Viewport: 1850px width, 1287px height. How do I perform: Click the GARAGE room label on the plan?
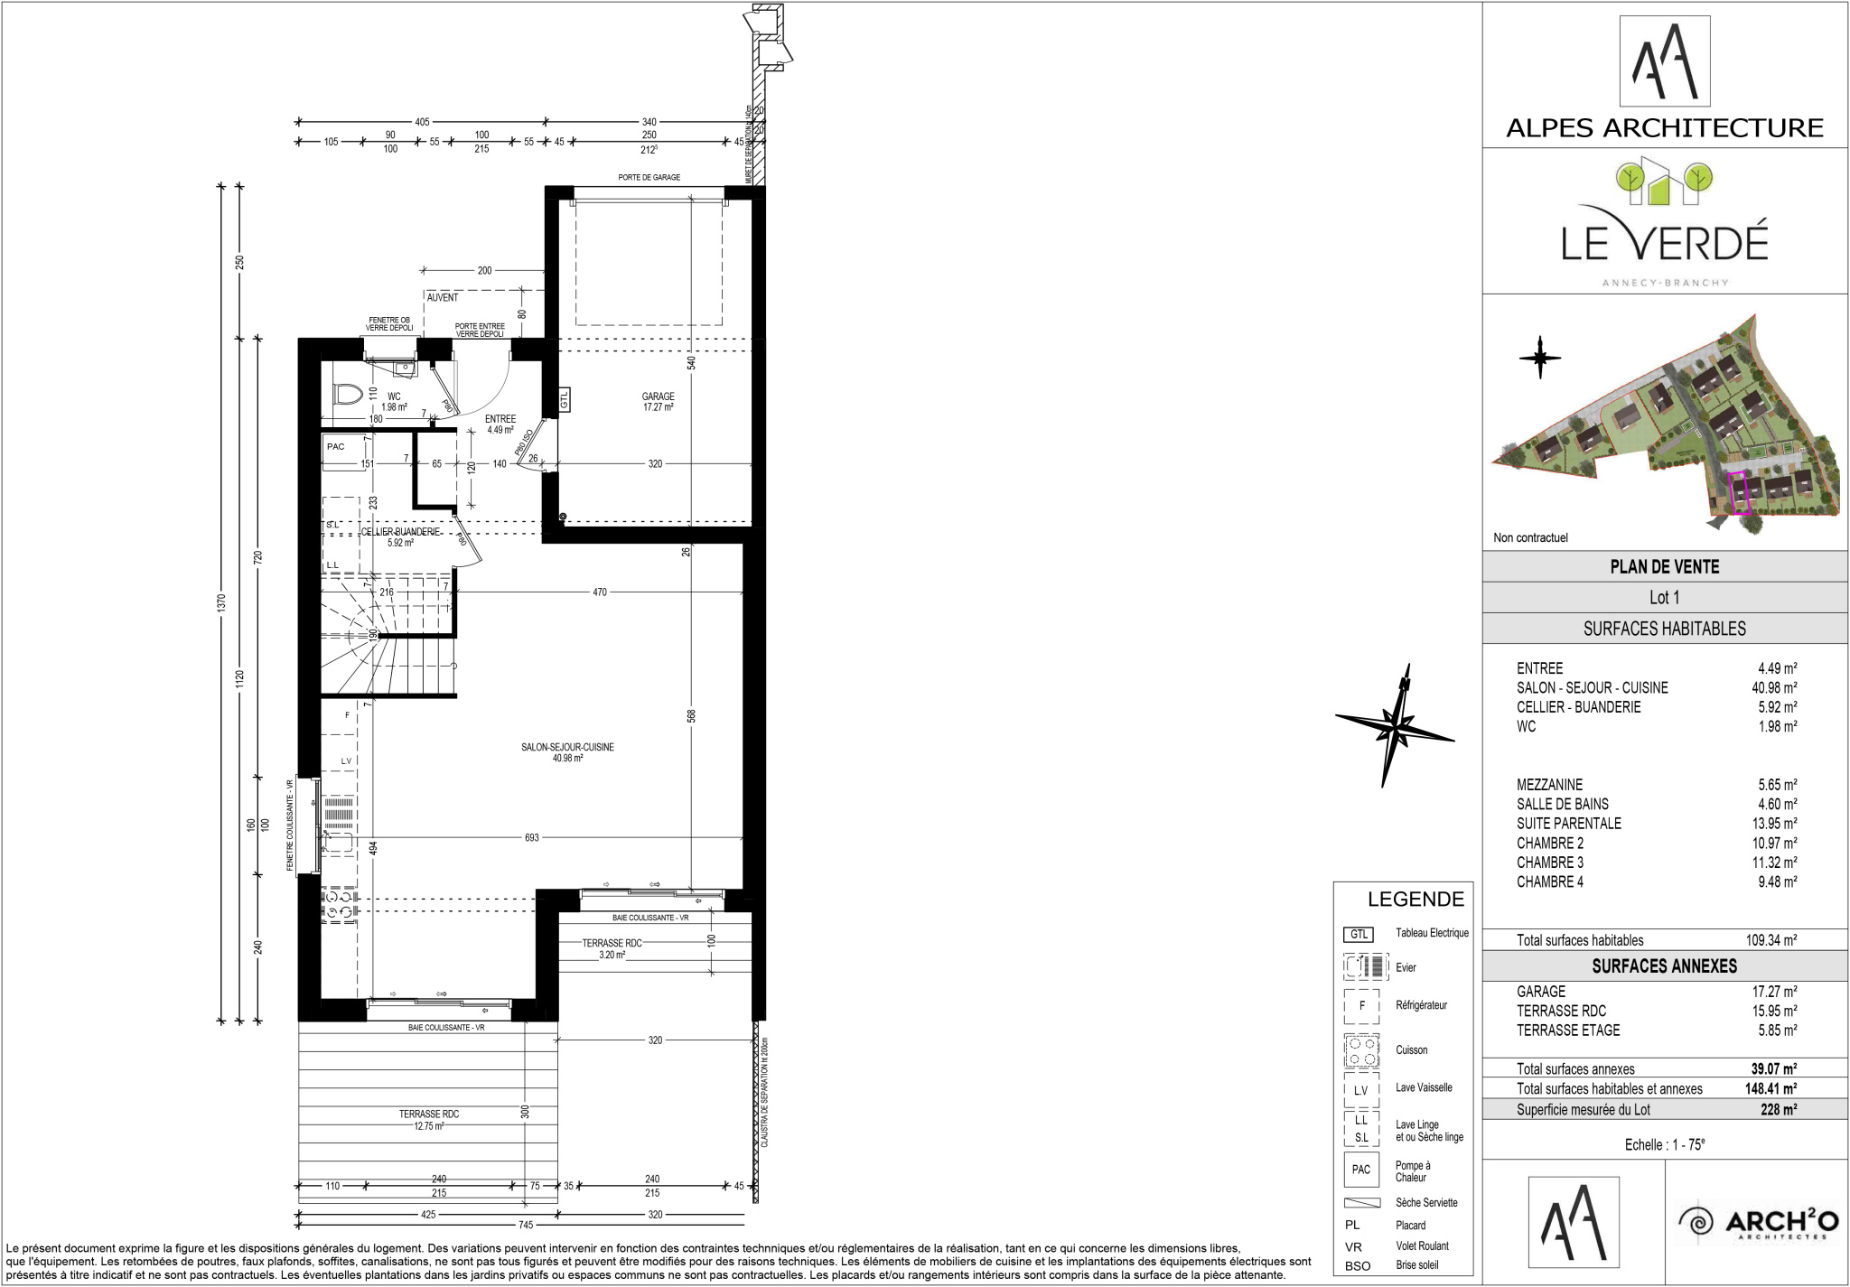tap(658, 396)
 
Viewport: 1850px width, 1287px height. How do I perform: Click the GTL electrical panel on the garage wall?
tap(564, 398)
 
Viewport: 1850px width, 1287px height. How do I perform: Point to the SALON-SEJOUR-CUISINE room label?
tap(567, 747)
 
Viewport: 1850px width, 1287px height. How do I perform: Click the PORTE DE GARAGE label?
tap(649, 177)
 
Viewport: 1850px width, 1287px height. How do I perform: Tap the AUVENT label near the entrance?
tap(443, 297)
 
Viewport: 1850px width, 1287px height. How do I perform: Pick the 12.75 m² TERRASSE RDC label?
tap(429, 1120)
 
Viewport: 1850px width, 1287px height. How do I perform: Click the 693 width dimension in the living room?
tap(532, 837)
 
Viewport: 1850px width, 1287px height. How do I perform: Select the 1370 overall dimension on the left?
tap(222, 602)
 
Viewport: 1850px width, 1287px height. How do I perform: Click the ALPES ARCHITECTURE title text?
tap(1665, 128)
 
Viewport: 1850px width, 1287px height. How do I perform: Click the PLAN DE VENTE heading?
tap(1665, 566)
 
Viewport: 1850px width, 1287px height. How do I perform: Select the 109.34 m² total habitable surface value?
tap(1771, 940)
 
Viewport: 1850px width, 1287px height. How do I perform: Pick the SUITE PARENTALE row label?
tap(1569, 824)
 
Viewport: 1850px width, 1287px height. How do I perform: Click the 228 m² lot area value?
tap(1779, 1110)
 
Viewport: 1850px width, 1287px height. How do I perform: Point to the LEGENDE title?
tap(1416, 899)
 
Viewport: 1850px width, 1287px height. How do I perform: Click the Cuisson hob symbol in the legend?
tap(1361, 1050)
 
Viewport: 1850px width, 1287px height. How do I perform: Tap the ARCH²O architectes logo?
tap(1758, 1223)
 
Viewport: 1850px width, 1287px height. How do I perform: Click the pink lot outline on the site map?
tap(1738, 494)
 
